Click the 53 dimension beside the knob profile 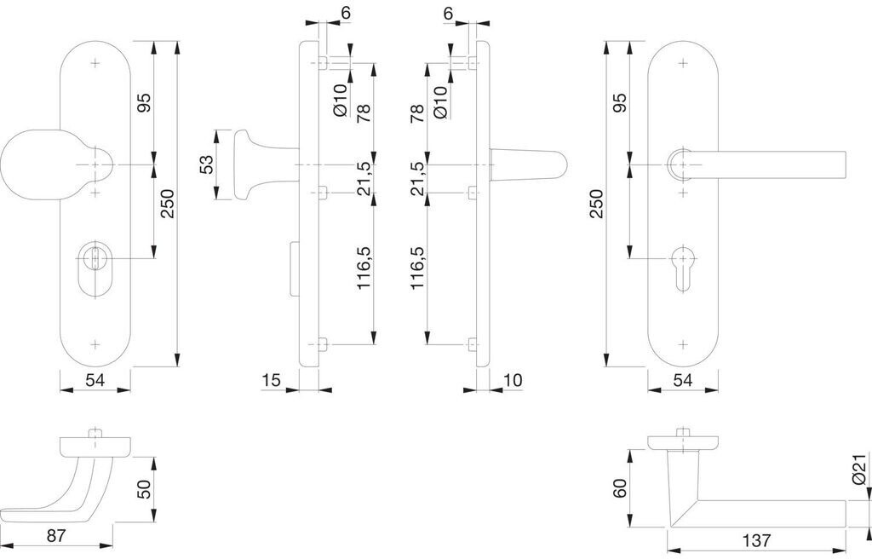click(x=206, y=164)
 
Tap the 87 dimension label click(x=56, y=536)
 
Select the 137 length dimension click(x=756, y=540)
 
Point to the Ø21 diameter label click(x=859, y=469)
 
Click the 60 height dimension click(x=620, y=488)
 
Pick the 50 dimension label click(x=143, y=489)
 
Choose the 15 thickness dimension click(x=271, y=380)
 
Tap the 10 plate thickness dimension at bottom click(x=513, y=380)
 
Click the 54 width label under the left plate click(x=95, y=380)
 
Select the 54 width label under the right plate click(x=682, y=380)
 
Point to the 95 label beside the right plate click(x=620, y=102)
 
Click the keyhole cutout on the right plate click(x=684, y=268)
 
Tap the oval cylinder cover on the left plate click(x=95, y=269)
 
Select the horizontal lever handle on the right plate click(x=756, y=164)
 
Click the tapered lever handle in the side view click(x=528, y=164)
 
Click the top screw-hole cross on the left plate click(x=95, y=63)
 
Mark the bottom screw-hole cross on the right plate click(x=684, y=344)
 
